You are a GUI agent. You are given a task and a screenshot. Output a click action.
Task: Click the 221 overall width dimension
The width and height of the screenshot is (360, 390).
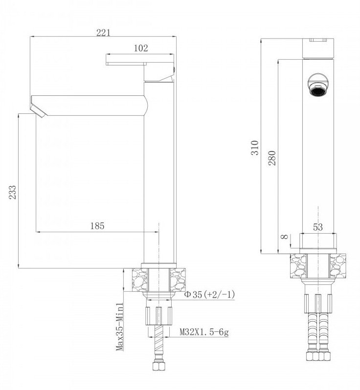coord(103,33)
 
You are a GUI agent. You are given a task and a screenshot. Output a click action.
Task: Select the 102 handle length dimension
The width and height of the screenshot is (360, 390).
coord(141,48)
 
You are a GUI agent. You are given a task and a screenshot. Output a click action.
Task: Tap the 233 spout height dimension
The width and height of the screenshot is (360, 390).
coord(12,192)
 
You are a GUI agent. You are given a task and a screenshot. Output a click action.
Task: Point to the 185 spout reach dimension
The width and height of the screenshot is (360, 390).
coord(97,226)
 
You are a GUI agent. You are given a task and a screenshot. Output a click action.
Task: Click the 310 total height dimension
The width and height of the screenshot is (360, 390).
coord(255,148)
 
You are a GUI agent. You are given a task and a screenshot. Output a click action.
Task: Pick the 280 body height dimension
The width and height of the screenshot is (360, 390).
coord(272,158)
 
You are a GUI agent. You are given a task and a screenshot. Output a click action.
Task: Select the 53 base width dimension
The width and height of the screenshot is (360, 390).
coord(317,227)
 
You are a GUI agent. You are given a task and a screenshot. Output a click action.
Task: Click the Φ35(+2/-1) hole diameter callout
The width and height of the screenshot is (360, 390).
coord(209,295)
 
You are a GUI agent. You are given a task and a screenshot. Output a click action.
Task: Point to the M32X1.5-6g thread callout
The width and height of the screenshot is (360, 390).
coord(204,332)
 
